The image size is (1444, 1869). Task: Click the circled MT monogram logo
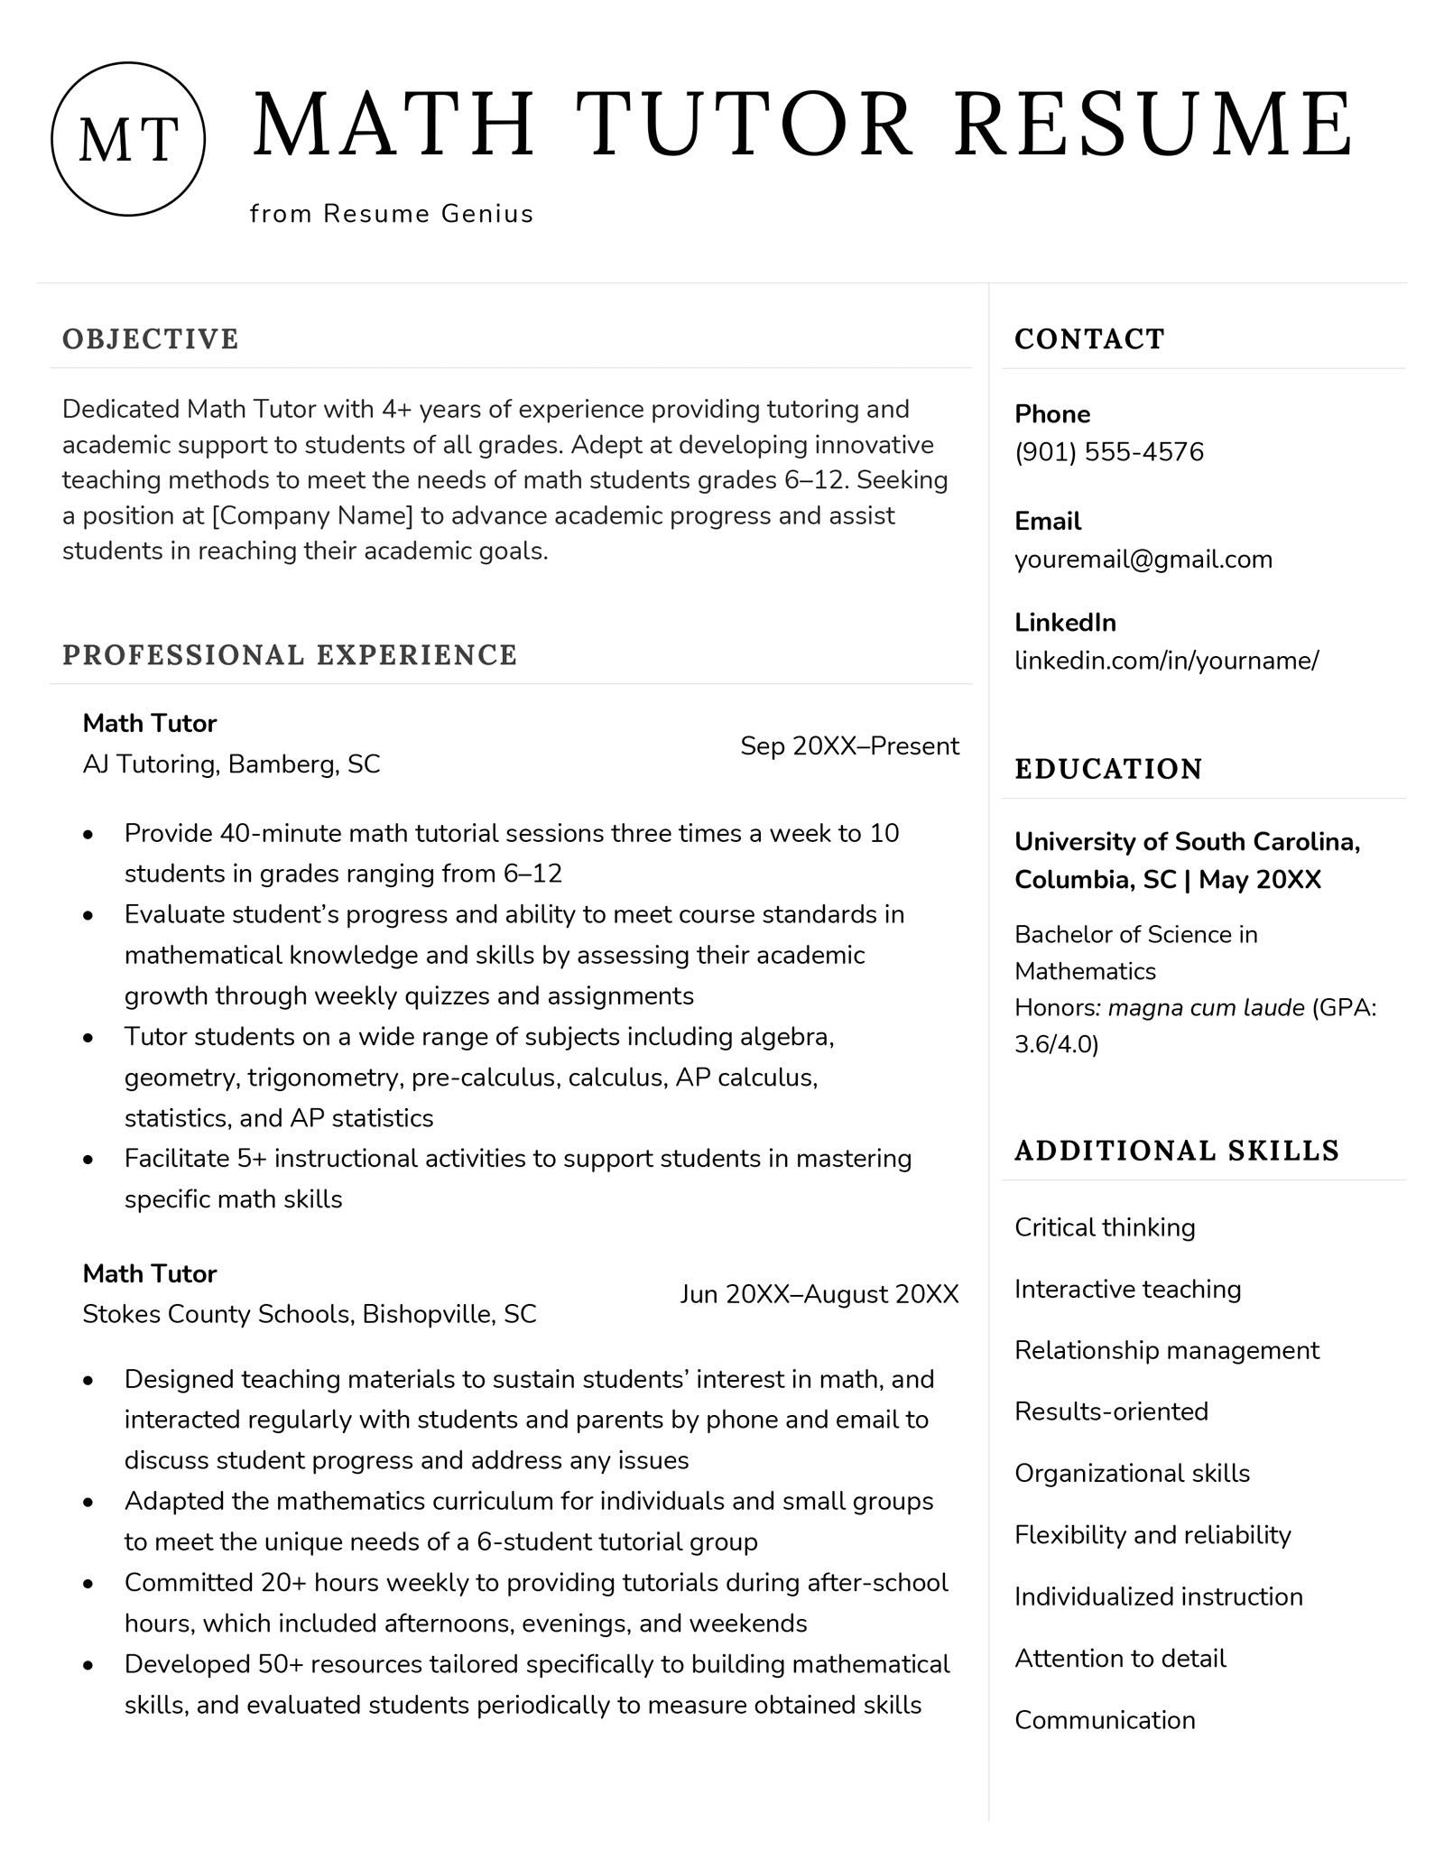tap(128, 139)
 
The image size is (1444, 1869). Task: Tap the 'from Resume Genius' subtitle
tap(392, 214)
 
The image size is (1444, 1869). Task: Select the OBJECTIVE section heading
tap(151, 339)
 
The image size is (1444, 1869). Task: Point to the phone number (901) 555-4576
tap(1109, 451)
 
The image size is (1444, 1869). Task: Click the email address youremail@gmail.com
tap(1143, 559)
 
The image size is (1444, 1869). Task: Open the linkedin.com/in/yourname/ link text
tap(1166, 660)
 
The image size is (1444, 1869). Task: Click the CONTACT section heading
tap(1089, 339)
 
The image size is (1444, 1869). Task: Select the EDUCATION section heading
tap(1108, 769)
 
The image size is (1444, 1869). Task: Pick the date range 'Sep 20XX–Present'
tap(849, 745)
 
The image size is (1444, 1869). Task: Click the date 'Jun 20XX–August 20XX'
tap(819, 1294)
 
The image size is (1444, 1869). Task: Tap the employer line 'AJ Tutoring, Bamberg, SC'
tap(231, 764)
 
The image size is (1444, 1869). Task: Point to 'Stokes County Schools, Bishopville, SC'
tap(309, 1313)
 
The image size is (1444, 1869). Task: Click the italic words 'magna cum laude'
tap(1206, 1007)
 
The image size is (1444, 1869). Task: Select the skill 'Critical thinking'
tap(1105, 1227)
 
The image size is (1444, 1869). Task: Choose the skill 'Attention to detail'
tap(1120, 1658)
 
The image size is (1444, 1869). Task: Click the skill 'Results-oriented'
tap(1111, 1411)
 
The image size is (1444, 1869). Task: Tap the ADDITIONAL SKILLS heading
tap(1177, 1151)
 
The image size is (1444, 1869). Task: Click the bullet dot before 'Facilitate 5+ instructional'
tap(88, 1159)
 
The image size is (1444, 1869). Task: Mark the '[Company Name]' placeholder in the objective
tap(312, 515)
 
